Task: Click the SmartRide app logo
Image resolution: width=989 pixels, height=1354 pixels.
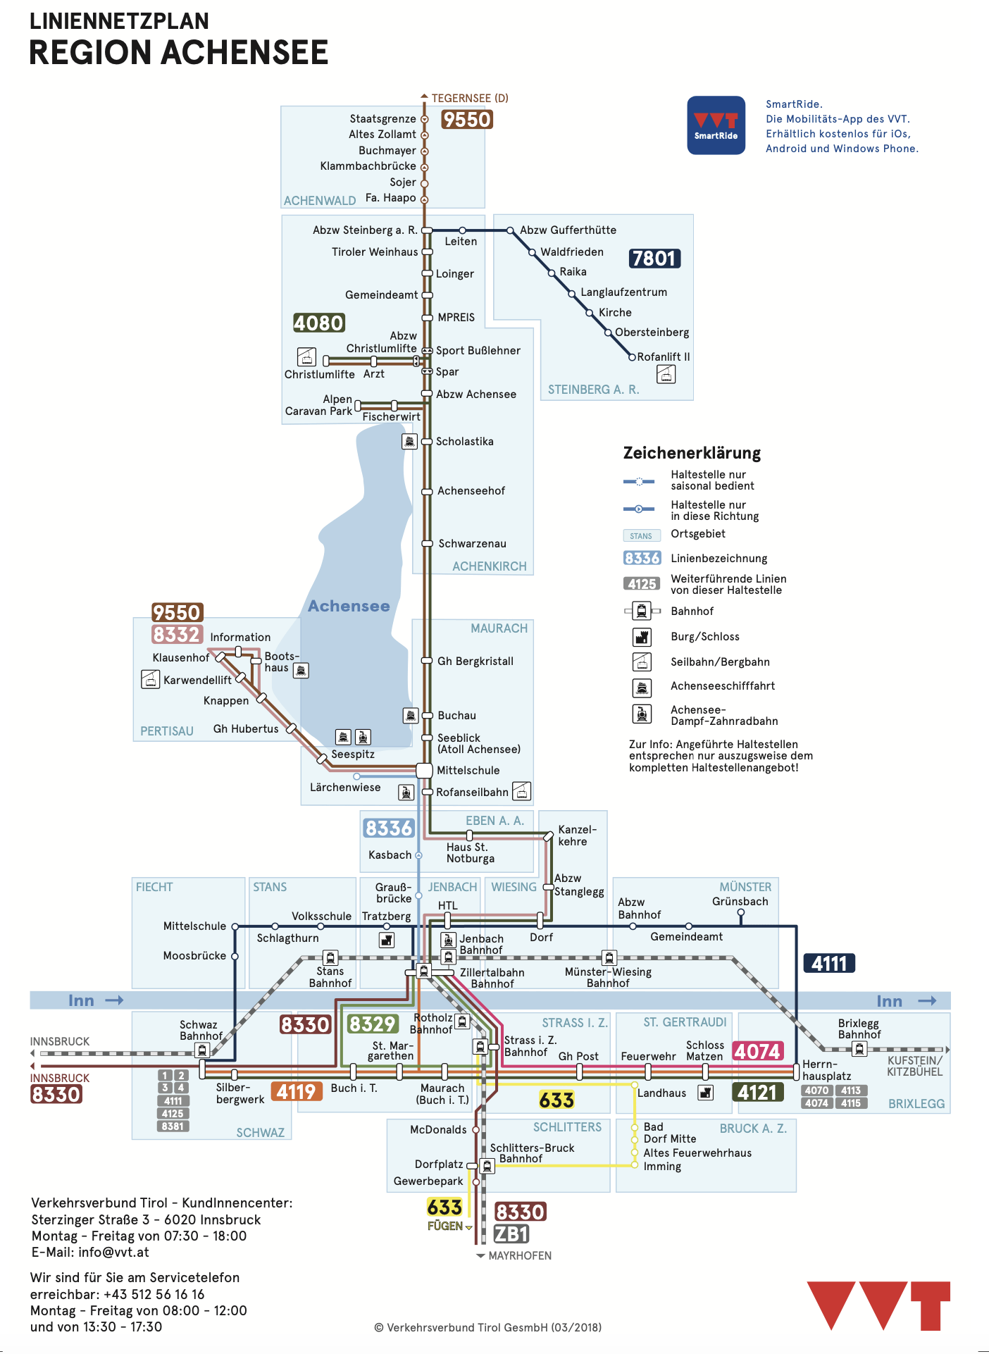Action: [716, 125]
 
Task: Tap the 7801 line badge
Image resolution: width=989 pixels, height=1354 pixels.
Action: [654, 259]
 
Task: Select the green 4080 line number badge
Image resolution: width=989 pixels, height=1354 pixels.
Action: [319, 323]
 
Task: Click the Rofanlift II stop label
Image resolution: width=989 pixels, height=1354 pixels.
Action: [663, 356]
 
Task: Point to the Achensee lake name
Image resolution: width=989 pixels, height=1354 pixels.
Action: [349, 606]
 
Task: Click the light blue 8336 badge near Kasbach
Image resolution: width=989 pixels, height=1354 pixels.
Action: [388, 828]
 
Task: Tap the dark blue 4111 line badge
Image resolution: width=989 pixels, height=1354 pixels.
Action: [829, 963]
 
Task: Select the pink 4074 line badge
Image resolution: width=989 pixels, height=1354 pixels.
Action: [758, 1051]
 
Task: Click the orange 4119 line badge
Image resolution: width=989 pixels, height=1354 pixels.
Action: [296, 1091]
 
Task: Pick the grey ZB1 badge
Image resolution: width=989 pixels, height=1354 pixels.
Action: [511, 1234]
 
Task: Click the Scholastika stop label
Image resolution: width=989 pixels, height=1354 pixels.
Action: [464, 442]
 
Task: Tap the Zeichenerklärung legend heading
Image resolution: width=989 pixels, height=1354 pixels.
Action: [692, 453]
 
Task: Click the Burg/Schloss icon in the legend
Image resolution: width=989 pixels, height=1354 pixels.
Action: [642, 637]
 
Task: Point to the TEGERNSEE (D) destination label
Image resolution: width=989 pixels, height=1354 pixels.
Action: [470, 99]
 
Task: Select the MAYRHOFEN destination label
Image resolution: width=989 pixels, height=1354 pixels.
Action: [520, 1255]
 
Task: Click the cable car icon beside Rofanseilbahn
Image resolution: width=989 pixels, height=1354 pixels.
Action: [521, 791]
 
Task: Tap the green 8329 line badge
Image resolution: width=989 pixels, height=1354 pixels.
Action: [373, 1024]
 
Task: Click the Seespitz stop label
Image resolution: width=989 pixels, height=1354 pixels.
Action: [353, 754]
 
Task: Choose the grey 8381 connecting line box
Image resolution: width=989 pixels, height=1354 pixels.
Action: [173, 1126]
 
